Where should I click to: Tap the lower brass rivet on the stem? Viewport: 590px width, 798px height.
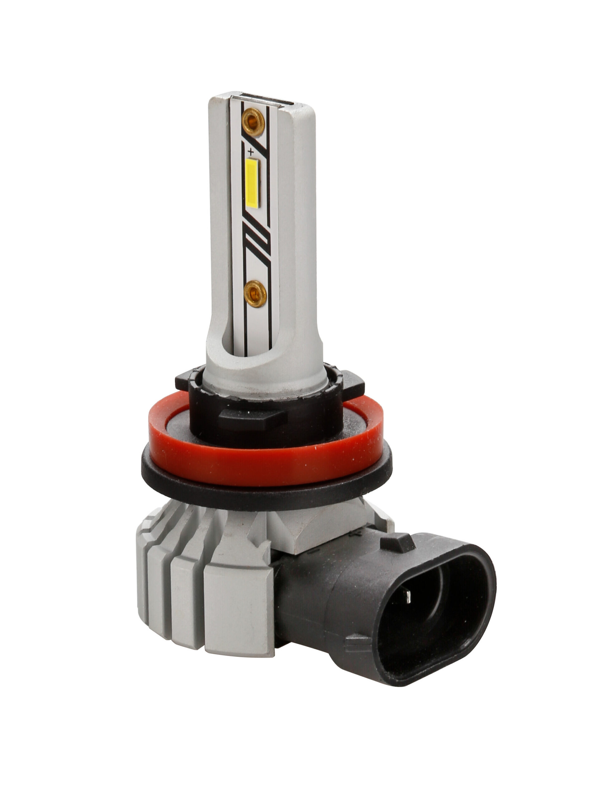click(x=255, y=294)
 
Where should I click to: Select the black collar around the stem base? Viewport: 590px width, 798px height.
click(x=266, y=411)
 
